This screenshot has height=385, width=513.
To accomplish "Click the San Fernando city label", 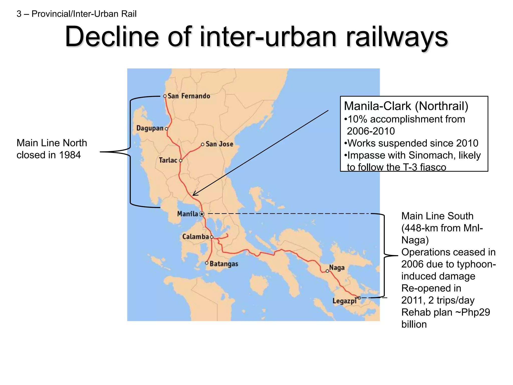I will [x=189, y=96].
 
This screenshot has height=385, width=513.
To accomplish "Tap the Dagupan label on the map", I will [x=150, y=128].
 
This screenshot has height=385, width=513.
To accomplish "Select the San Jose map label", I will [x=219, y=144].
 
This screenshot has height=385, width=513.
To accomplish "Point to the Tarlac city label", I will [x=168, y=160].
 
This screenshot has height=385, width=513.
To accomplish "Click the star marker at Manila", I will [x=202, y=214].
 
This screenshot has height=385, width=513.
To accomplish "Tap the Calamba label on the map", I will [x=195, y=237].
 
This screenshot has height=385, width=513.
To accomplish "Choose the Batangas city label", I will [x=224, y=264].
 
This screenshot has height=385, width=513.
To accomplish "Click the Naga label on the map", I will [x=337, y=267].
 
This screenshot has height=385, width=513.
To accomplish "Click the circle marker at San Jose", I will [x=203, y=144].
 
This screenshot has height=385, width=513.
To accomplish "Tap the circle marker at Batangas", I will [x=207, y=263].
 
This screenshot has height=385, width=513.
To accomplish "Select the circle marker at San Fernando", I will [x=165, y=96].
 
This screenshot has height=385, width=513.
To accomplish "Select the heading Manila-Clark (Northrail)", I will [x=406, y=106].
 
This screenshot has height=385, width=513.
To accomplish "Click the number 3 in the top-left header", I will [x=19, y=14].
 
